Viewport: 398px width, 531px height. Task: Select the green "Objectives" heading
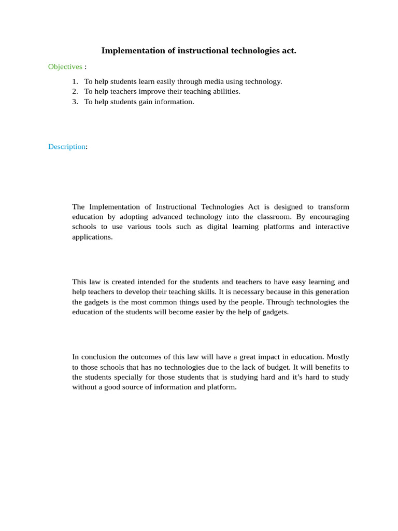tap(65, 66)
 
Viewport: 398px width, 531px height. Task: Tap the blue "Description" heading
tap(66, 147)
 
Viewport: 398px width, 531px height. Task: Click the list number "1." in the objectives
tap(75, 81)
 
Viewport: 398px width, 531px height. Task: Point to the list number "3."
tap(75, 102)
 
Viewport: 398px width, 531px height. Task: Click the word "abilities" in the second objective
tap(226, 91)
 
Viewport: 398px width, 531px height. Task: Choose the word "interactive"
tap(330, 227)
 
